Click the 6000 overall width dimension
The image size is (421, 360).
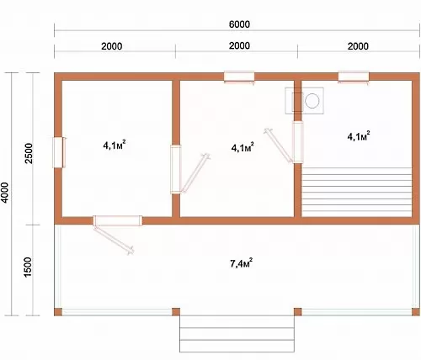tap(239, 24)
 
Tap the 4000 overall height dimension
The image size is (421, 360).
tap(5, 193)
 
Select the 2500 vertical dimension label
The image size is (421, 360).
tap(29, 153)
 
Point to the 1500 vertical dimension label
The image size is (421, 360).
tap(28, 267)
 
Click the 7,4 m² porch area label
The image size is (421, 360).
tap(242, 263)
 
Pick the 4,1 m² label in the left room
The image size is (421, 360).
tap(115, 146)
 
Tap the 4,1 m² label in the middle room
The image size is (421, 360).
tap(242, 147)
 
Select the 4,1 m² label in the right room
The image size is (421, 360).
tap(359, 136)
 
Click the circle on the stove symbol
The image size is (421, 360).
tap(312, 101)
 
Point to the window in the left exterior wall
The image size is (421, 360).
tap(59, 152)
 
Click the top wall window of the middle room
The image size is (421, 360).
tap(239, 77)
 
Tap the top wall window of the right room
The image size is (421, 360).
tap(354, 77)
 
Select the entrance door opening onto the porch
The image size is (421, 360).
tap(117, 220)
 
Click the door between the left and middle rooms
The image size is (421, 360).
tap(176, 169)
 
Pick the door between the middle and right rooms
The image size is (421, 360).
tap(298, 142)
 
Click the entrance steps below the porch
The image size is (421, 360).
tap(237, 334)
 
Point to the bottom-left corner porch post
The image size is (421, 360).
tap(58, 312)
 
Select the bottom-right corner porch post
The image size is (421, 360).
tap(415, 312)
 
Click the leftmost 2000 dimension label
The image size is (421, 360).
tap(112, 46)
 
